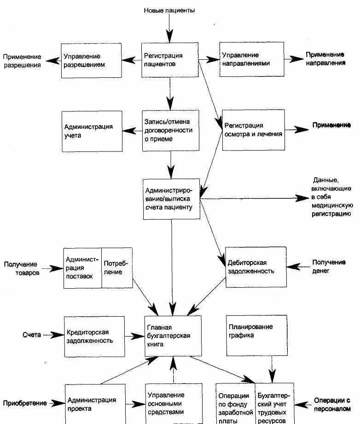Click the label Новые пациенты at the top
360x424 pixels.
[169, 11]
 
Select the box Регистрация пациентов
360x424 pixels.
[170, 60]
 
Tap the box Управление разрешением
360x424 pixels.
[91, 61]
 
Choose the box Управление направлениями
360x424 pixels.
[251, 59]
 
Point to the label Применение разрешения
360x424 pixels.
[22, 61]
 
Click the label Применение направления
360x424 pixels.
[325, 58]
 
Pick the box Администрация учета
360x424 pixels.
[92, 131]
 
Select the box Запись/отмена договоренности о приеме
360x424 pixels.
[171, 130]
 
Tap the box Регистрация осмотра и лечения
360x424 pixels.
[254, 130]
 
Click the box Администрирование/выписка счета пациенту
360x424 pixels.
[171, 199]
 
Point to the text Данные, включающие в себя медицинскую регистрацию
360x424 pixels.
[332, 197]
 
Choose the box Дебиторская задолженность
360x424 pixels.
[256, 267]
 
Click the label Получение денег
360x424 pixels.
[329, 267]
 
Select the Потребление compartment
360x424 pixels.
[117, 267]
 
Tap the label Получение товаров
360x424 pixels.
[22, 268]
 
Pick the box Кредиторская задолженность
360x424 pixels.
[94, 337]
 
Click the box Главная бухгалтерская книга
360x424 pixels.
[173, 336]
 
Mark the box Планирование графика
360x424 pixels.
[257, 335]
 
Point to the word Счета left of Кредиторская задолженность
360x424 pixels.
[32, 335]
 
